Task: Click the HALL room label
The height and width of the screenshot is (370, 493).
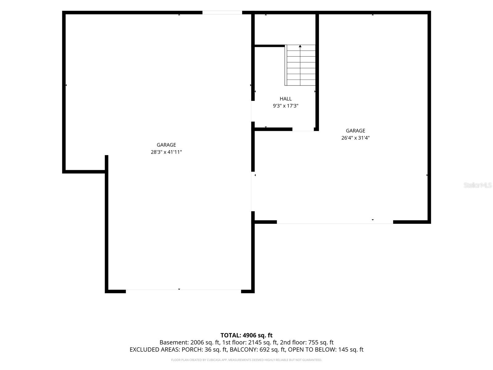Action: tap(285, 99)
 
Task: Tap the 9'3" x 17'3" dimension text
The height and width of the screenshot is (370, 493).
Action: tap(285, 106)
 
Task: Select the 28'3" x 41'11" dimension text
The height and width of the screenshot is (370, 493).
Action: tap(166, 152)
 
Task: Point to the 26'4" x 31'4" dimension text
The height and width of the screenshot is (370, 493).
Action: tap(355, 138)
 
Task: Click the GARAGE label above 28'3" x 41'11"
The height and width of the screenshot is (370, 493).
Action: tap(166, 145)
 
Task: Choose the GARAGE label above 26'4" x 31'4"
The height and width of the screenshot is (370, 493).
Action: tap(355, 130)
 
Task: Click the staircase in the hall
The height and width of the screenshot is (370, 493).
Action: tap(300, 65)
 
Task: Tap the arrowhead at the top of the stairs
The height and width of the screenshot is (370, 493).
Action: tap(300, 46)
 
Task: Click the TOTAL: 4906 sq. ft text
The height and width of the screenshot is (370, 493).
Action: tap(246, 335)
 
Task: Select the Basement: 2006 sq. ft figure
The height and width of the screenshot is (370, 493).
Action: tap(189, 342)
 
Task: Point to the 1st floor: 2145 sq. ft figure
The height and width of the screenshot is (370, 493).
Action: tap(250, 342)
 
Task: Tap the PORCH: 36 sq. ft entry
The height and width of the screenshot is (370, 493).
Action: tap(204, 350)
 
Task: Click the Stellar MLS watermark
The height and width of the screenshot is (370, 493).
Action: tap(478, 185)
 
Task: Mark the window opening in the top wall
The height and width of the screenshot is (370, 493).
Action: tap(222, 13)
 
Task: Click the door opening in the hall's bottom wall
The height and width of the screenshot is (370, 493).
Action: tap(303, 129)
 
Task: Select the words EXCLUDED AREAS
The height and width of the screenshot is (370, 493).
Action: tap(154, 350)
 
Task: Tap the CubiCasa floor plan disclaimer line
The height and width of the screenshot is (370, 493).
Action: tap(246, 360)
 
